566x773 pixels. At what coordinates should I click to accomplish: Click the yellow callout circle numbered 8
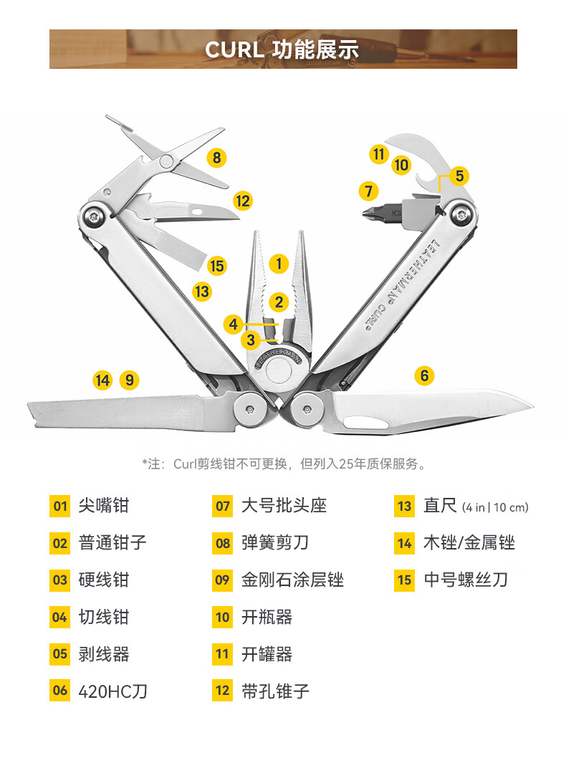pos(217,158)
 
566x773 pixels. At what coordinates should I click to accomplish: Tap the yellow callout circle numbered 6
pos(424,375)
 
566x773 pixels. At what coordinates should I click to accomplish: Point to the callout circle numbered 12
pos(243,201)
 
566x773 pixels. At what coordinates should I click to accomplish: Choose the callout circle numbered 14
pos(103,380)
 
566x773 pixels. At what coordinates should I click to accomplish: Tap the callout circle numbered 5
pos(459,175)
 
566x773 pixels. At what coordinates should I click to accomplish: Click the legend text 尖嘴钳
pos(104,506)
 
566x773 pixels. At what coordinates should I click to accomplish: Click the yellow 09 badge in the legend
pos(222,580)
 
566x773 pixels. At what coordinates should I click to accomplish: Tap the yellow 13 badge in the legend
pos(405,506)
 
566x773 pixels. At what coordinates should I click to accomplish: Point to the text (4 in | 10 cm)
pos(495,507)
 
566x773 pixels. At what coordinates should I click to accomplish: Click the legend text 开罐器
pos(267,654)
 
